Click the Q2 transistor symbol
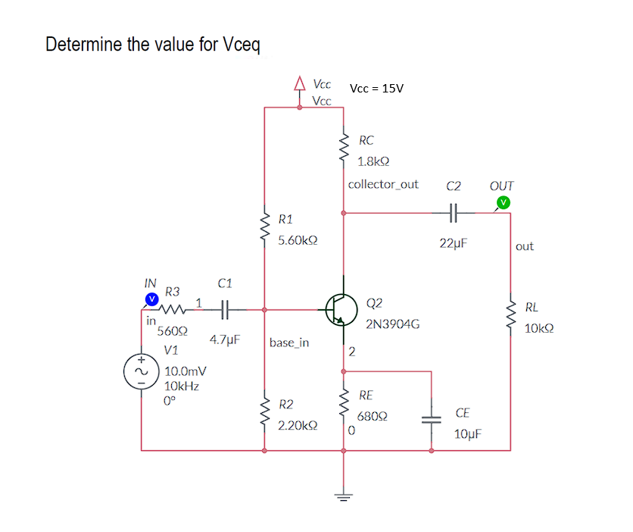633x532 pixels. pyautogui.click(x=341, y=309)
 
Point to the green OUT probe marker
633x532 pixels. pyautogui.click(x=503, y=202)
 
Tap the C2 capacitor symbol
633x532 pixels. pyautogui.click(x=454, y=213)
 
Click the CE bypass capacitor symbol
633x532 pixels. pyautogui.click(x=432, y=421)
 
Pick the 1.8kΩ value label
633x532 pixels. pyautogui.click(x=373, y=161)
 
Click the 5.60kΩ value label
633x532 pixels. pyautogui.click(x=297, y=240)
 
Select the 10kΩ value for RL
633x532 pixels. pyautogui.click(x=538, y=329)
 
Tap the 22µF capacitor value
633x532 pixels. pyautogui.click(x=454, y=243)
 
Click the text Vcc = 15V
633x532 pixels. pyautogui.click(x=376, y=88)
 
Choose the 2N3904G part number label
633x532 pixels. pyautogui.click(x=392, y=324)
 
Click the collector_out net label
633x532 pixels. pyautogui.click(x=383, y=184)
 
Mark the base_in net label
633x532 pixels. pyautogui.click(x=289, y=343)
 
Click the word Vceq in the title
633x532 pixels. pyautogui.click(x=242, y=44)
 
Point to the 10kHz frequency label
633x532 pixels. pyautogui.click(x=182, y=386)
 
